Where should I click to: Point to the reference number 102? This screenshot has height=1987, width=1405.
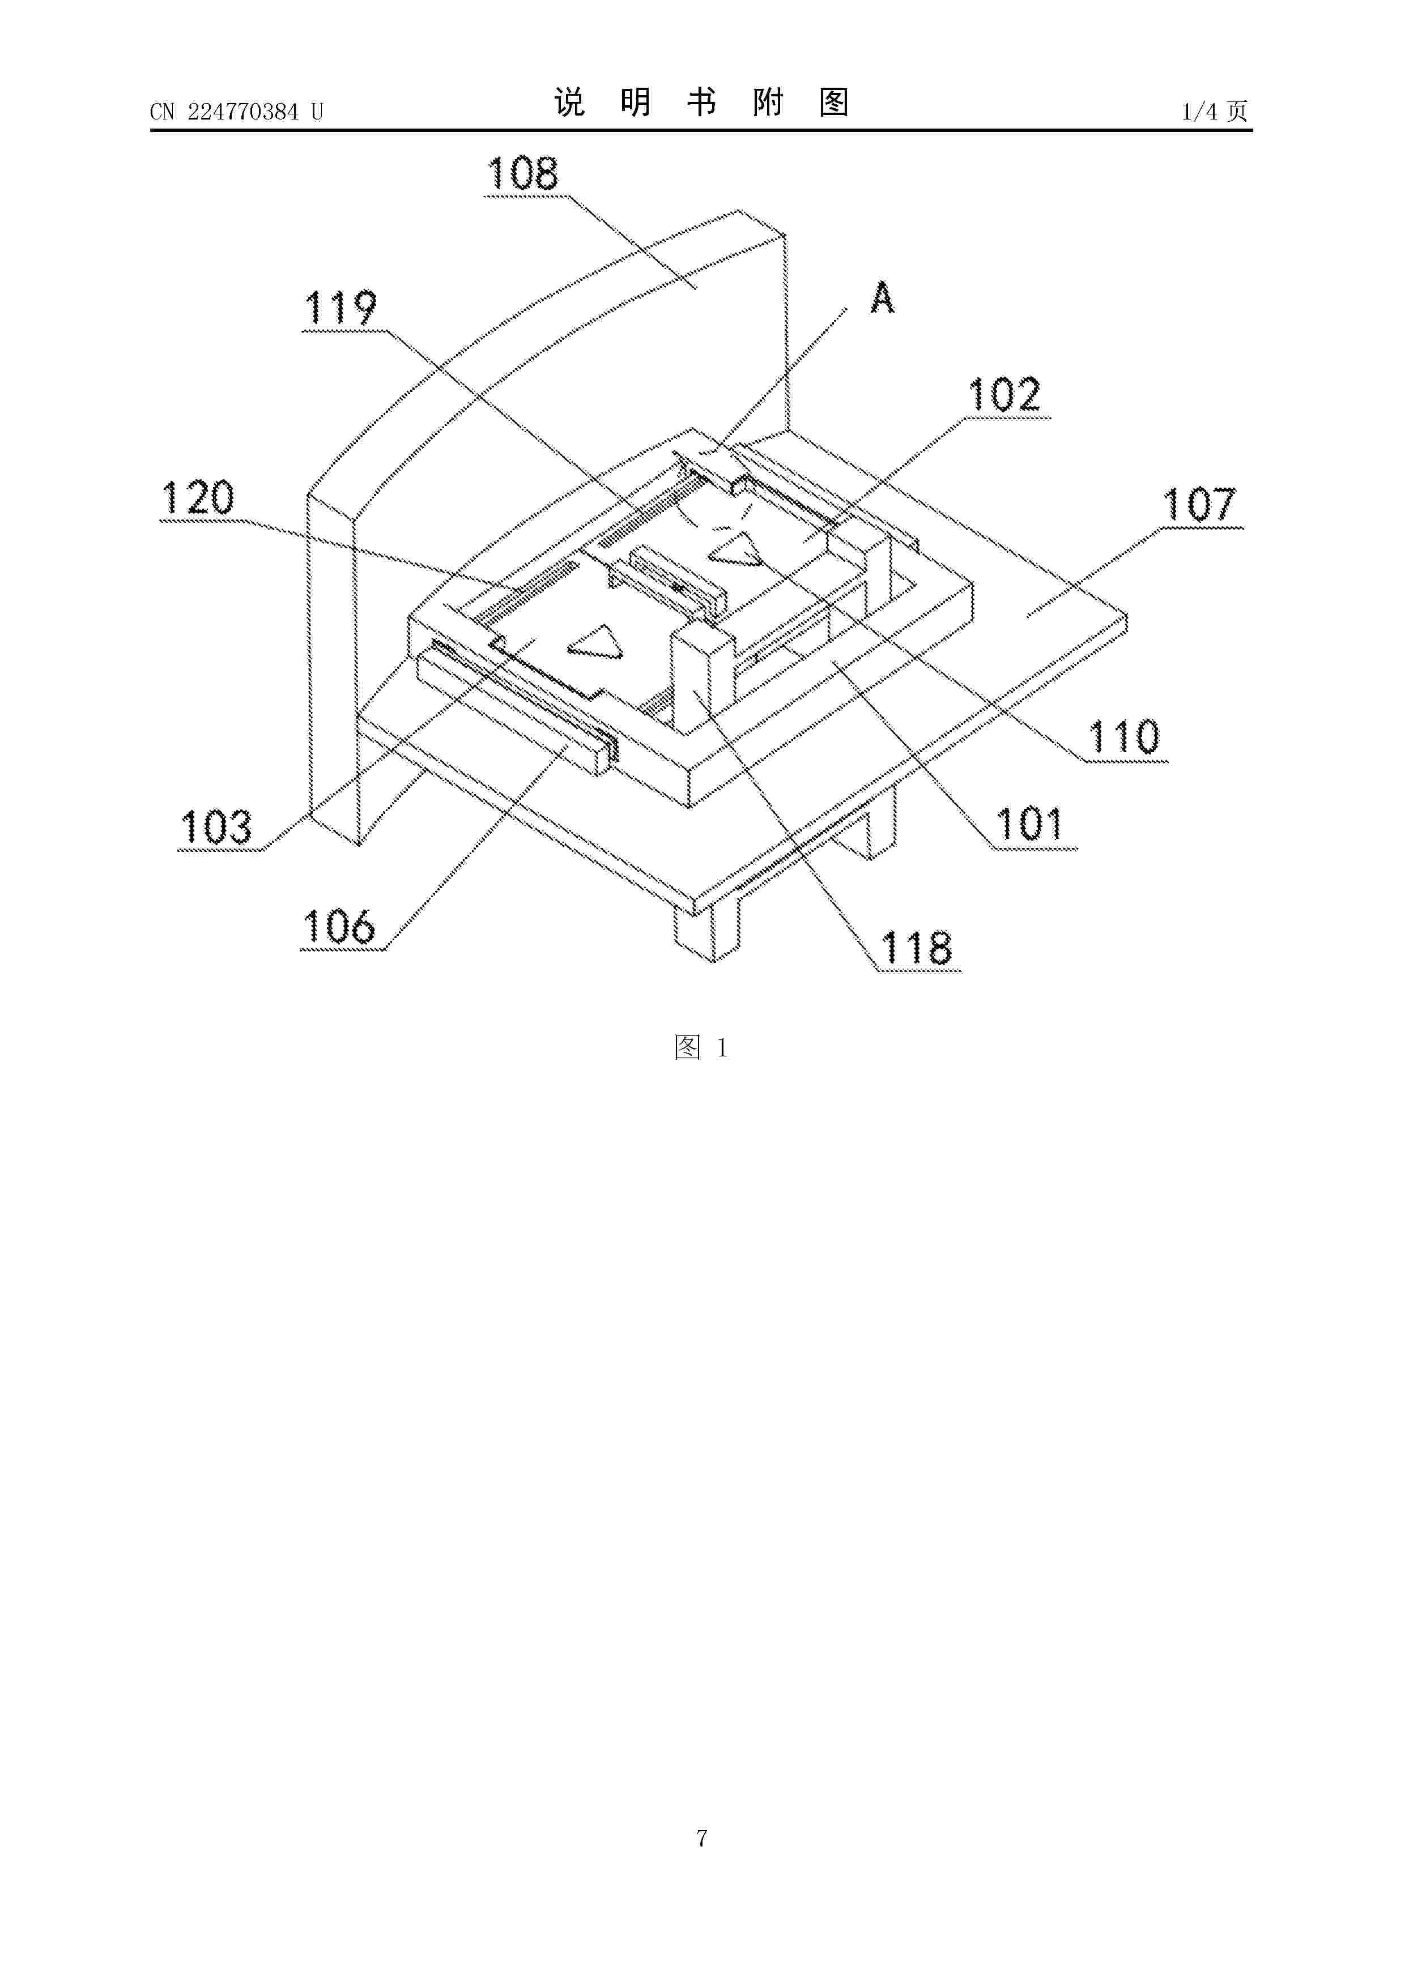1004,395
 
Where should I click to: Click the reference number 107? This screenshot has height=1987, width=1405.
1200,505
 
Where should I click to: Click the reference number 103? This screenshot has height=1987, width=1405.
216,828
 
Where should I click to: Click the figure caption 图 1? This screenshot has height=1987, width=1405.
701,1048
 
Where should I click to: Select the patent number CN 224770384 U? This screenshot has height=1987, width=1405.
236,112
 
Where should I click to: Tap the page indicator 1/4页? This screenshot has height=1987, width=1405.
1215,111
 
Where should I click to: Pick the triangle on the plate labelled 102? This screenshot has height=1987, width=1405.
736,549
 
